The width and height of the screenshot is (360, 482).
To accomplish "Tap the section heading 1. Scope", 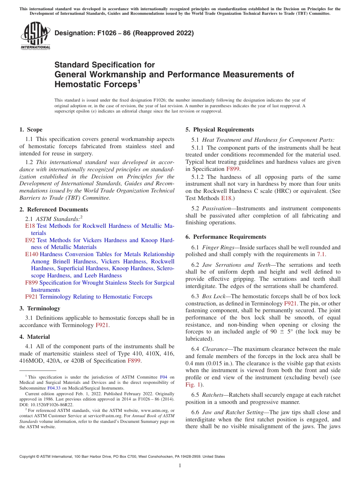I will [31, 130].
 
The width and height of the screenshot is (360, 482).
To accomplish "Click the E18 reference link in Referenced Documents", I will [30, 226].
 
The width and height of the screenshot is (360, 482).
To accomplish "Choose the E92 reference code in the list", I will [30, 240].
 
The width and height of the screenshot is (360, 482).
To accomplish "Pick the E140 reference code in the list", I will [31, 254].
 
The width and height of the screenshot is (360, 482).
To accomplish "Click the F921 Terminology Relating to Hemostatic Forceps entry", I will [89, 297].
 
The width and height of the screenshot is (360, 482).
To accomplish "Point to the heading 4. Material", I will [35, 337].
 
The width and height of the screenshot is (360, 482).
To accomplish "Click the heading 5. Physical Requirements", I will [220, 130].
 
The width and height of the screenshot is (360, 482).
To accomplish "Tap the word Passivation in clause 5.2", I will [216, 208].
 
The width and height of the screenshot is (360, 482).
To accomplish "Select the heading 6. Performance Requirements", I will [226, 237].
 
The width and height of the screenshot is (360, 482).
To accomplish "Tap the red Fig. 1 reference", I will [192, 385].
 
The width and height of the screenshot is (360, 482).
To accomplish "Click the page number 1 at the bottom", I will [180, 466].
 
